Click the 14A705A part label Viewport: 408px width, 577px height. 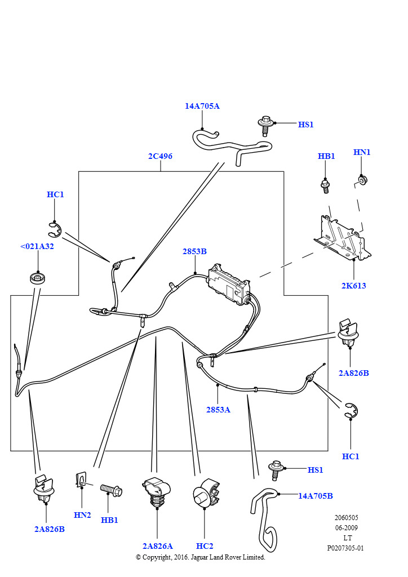pos(202,106)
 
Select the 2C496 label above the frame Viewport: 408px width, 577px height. pos(160,156)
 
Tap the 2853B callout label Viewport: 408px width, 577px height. pos(194,251)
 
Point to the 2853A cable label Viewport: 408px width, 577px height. pos(218,410)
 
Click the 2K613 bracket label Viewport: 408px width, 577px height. pos(353,286)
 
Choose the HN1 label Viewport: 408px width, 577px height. pos(362,152)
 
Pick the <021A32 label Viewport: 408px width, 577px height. pos(37,246)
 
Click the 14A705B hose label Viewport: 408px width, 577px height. pos(315,496)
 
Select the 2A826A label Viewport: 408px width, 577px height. pos(157,546)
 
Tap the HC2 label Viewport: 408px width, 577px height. pos(205,546)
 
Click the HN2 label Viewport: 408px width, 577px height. pos(82,515)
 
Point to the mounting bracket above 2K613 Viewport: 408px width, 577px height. pos(342,238)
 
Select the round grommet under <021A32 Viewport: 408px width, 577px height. pos(37,278)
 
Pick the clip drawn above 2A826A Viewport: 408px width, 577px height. pos(157,492)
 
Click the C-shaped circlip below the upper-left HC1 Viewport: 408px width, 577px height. pos(55,230)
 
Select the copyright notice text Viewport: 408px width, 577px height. pos(201,557)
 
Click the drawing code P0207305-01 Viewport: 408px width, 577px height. pos(345,548)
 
